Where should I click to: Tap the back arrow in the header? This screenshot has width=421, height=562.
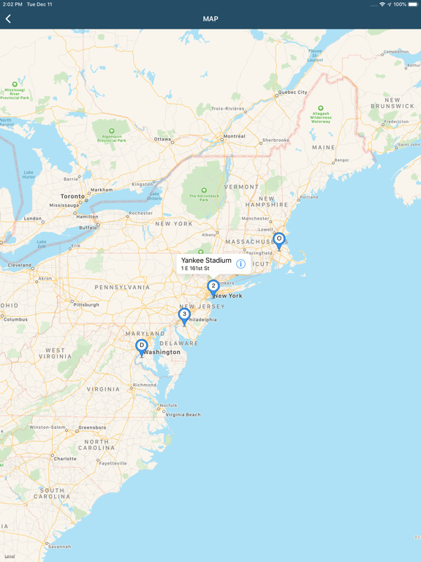tap(9, 19)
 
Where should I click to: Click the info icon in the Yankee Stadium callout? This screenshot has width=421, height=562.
tap(240, 264)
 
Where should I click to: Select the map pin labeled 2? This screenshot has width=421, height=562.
tap(213, 287)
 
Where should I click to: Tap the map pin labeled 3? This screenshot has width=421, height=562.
tap(184, 315)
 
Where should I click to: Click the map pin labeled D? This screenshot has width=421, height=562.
tap(142, 346)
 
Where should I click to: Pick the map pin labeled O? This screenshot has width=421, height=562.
tap(278, 240)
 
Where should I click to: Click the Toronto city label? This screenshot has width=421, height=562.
tap(72, 196)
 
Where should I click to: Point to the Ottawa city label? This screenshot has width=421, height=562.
tap(162, 139)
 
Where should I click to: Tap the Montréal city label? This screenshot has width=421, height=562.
tap(234, 136)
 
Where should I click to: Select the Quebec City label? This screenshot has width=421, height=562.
tap(292, 92)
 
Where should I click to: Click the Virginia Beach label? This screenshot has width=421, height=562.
tap(183, 414)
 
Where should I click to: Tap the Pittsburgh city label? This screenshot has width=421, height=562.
tap(86, 304)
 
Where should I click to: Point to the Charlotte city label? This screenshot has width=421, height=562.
tap(65, 459)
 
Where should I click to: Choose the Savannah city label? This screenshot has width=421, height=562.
tap(58, 546)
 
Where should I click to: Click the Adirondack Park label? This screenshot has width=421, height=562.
tap(204, 196)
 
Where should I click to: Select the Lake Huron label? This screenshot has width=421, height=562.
tap(29, 175)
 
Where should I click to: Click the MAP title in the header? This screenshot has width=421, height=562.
tap(210, 19)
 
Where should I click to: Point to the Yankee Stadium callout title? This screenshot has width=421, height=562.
tap(206, 261)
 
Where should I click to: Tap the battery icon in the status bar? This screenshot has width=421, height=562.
tap(413, 4)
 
